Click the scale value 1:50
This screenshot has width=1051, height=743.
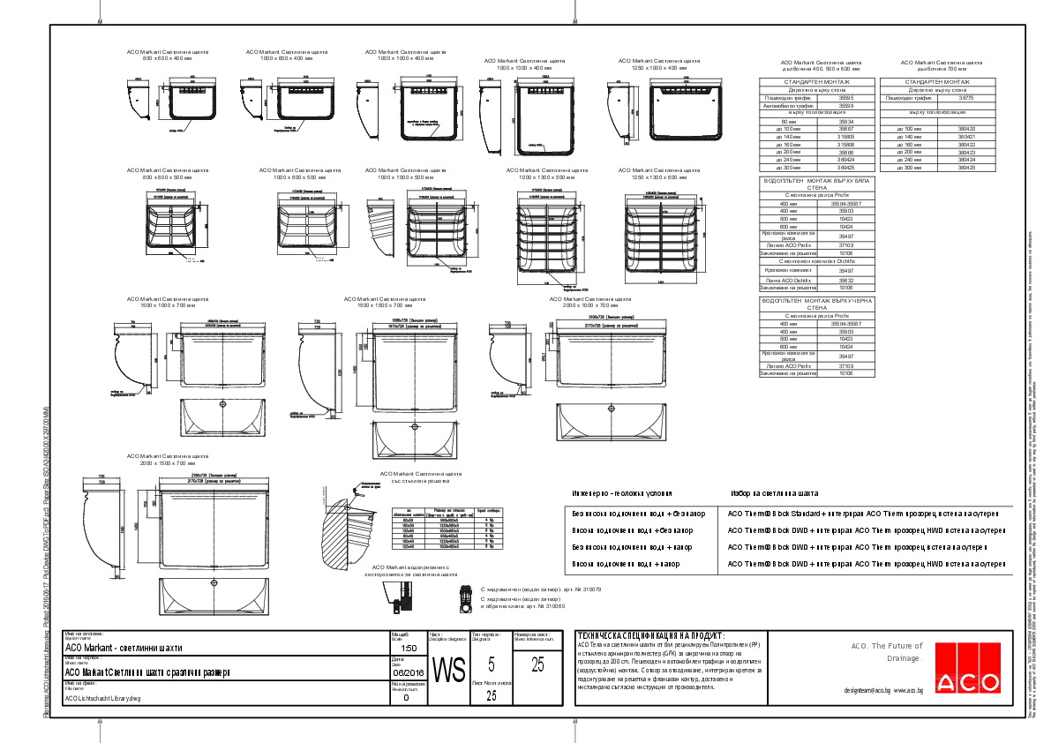(408, 647)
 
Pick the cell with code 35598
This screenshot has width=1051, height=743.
(846, 105)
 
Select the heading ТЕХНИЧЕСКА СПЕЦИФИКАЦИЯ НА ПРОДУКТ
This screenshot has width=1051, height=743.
(649, 635)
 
